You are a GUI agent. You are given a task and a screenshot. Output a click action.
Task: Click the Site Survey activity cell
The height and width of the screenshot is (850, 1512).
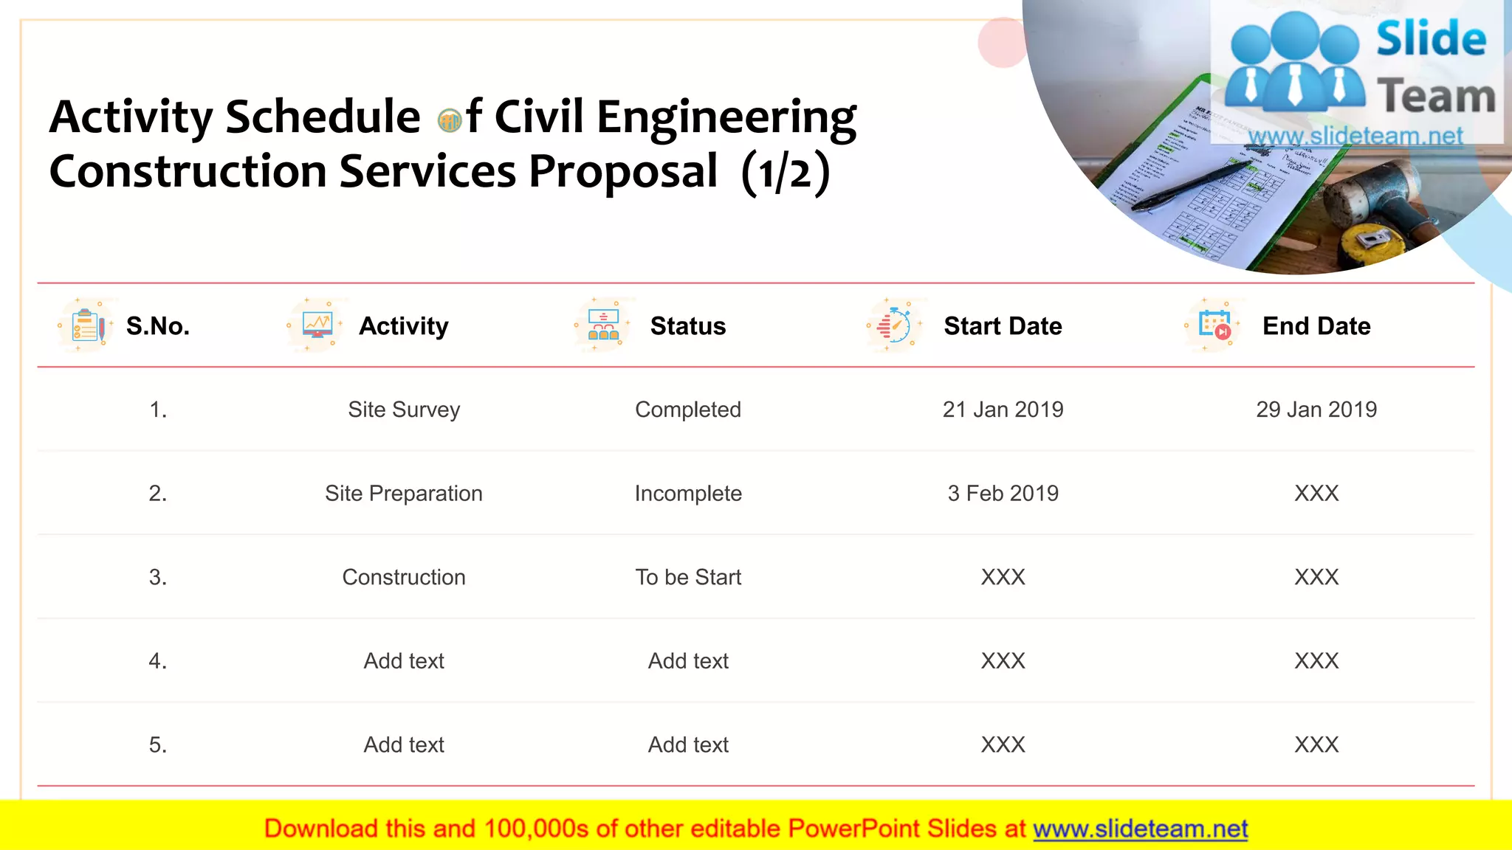(x=404, y=410)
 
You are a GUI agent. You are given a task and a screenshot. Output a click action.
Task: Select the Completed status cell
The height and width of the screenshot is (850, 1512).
(x=687, y=410)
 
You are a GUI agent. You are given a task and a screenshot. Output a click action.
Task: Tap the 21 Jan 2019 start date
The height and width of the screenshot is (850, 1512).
(x=1003, y=410)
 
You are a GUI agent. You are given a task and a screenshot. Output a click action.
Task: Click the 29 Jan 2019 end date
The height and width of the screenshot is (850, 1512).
(x=1316, y=410)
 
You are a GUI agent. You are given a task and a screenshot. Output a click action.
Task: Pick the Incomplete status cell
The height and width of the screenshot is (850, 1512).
(x=687, y=494)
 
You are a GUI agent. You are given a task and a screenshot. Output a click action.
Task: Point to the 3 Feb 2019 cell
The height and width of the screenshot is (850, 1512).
(x=1003, y=494)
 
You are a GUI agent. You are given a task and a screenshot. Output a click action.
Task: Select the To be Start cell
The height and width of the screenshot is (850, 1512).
(x=687, y=577)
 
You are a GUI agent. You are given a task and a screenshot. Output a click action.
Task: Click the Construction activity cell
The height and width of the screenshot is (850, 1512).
(x=404, y=577)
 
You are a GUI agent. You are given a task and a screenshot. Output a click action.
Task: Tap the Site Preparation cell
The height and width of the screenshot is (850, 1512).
(x=404, y=494)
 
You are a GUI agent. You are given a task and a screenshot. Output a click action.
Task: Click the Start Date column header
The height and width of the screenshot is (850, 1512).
(x=1003, y=326)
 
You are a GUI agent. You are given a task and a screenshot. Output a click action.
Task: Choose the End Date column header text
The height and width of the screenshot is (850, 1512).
(x=1316, y=326)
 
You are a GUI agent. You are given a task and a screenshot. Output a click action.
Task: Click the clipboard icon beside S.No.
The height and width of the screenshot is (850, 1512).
(x=87, y=325)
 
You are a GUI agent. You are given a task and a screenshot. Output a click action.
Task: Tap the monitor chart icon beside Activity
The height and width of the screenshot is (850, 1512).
(x=317, y=325)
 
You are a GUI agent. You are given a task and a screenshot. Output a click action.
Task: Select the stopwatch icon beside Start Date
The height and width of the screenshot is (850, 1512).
(x=895, y=325)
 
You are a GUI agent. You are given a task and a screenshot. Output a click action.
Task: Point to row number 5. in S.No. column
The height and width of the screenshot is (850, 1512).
(x=158, y=744)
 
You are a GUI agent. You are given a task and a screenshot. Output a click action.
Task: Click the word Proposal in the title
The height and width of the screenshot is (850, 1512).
(x=622, y=171)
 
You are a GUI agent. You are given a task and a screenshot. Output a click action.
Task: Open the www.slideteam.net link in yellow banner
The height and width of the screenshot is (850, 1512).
(x=1140, y=829)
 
